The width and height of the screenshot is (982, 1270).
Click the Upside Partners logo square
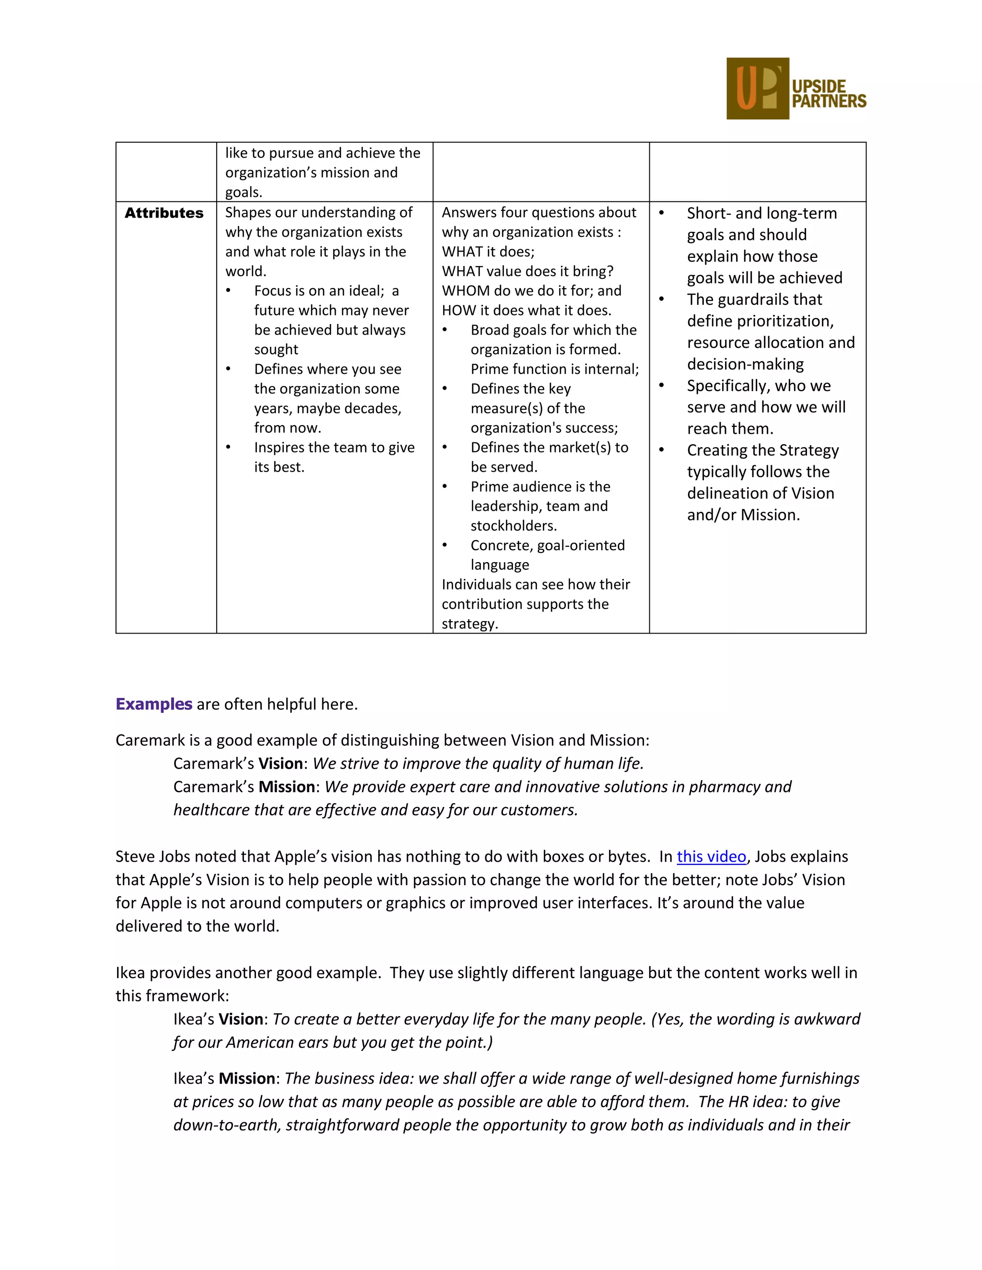click(x=758, y=88)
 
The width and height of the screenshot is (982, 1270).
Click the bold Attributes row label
click(x=164, y=213)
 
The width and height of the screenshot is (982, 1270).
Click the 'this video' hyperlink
click(x=711, y=856)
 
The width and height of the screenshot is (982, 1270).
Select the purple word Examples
click(x=153, y=704)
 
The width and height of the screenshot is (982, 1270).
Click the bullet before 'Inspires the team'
click(x=229, y=447)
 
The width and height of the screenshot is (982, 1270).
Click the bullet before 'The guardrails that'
click(x=661, y=300)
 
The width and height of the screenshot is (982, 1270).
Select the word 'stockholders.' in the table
click(x=514, y=526)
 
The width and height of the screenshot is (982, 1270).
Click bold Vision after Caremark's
click(x=281, y=763)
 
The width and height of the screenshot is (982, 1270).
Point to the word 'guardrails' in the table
click(x=756, y=300)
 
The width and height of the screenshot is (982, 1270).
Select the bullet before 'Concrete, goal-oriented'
click(x=445, y=545)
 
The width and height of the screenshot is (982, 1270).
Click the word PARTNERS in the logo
click(x=829, y=101)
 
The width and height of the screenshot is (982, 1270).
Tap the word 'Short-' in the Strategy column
click(x=709, y=213)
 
